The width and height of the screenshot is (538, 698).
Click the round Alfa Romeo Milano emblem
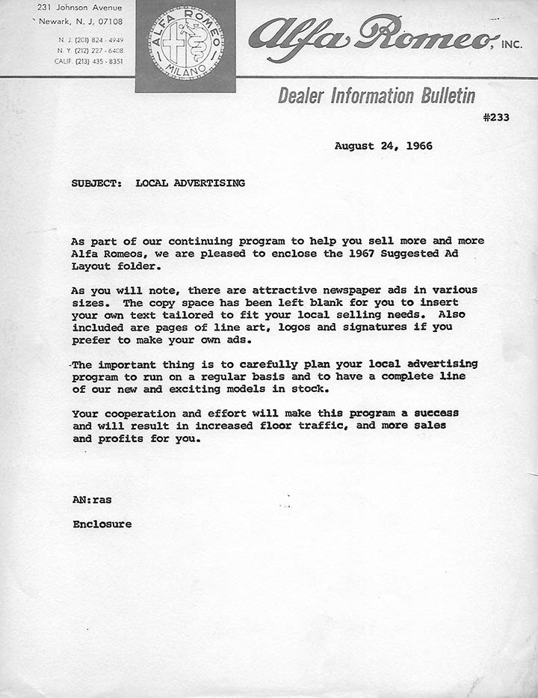pos(185,45)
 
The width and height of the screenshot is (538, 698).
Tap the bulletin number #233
pos(496,117)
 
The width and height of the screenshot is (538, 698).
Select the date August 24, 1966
pos(383,146)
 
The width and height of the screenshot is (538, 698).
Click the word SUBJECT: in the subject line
pos(97,183)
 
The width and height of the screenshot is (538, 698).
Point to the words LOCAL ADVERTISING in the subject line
pos(190,183)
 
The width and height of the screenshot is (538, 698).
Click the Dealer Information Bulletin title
pos(377,96)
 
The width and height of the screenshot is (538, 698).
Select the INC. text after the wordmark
pos(512,45)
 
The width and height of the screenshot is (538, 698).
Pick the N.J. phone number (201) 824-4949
pos(104,39)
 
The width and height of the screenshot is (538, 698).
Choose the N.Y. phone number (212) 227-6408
pos(104,50)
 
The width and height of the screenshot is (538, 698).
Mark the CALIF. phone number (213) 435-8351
pos(104,61)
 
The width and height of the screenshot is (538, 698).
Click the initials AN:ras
pos(92,499)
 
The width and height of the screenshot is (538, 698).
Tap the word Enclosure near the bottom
pos(102,524)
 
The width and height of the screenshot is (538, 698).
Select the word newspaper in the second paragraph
pos(347,290)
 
